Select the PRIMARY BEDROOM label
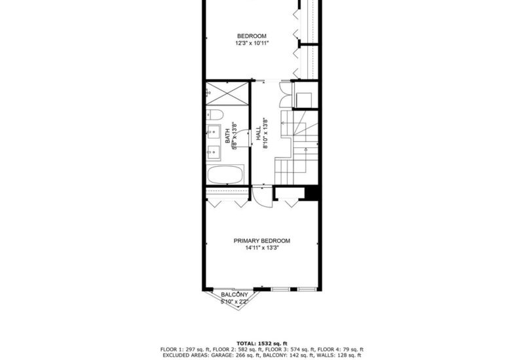click(262, 241)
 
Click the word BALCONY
click(234, 295)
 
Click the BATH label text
click(228, 136)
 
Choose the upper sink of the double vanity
click(213, 133)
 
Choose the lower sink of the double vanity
click(213, 154)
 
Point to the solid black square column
click(312, 193)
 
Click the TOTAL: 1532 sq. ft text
click(262, 343)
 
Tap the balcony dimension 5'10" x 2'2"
click(234, 302)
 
